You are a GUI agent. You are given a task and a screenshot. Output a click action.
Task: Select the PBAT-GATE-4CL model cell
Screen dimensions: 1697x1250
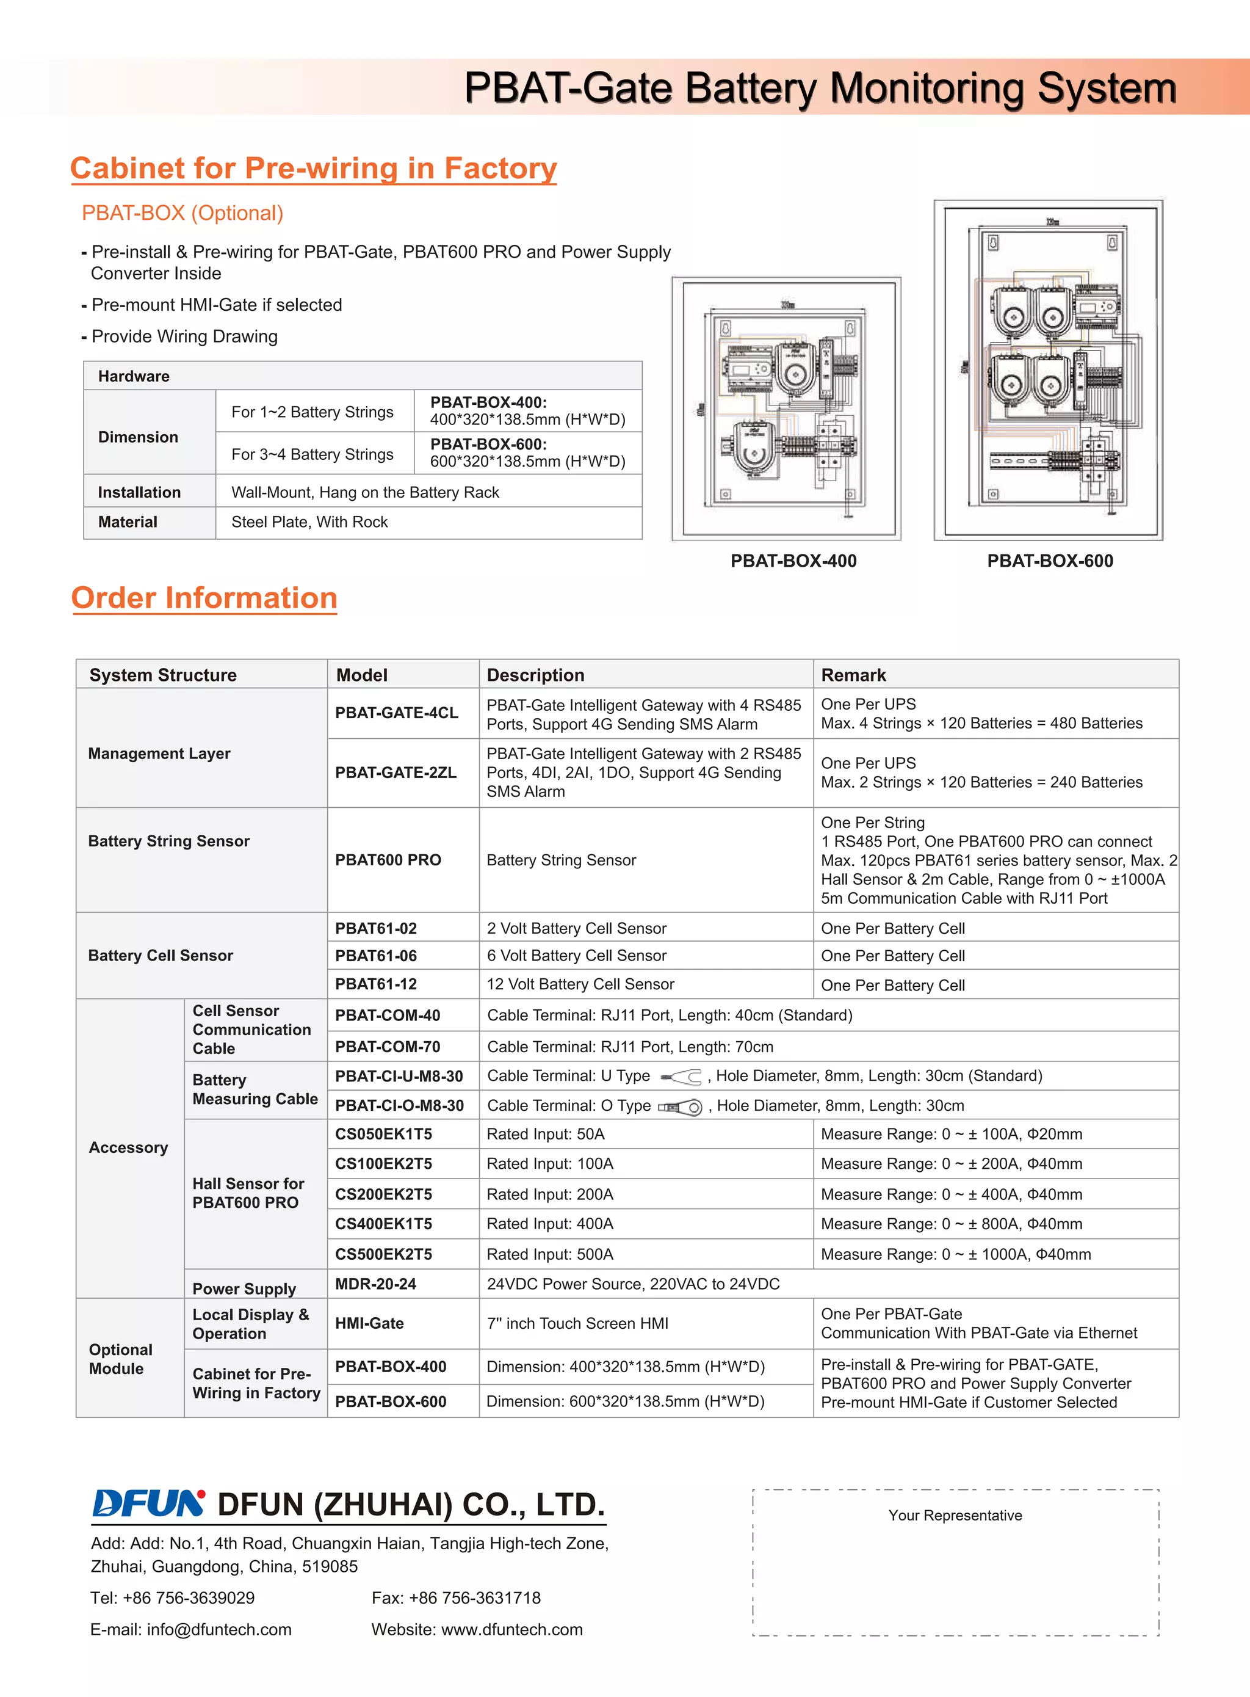pos(397,713)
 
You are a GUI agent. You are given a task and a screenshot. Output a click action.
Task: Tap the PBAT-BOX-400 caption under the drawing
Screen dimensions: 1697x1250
pos(793,561)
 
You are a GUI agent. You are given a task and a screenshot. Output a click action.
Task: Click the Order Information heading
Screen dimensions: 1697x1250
pos(204,598)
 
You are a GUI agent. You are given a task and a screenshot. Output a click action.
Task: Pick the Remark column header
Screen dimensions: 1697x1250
pos(853,675)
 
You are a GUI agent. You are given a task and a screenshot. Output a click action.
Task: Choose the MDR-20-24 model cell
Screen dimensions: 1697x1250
pos(375,1284)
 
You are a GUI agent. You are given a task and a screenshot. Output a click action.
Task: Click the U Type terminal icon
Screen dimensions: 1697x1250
pos(682,1077)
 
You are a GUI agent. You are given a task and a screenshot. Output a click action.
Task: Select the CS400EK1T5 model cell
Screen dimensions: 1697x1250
pos(384,1224)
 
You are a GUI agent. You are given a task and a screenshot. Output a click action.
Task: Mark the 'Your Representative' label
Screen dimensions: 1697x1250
pos(955,1514)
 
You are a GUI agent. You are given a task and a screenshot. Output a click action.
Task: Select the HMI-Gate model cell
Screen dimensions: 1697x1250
pos(369,1323)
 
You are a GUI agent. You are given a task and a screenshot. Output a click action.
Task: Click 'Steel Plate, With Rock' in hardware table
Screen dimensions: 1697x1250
pos(309,522)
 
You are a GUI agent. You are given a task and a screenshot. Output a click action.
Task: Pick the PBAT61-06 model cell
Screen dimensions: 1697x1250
pos(376,956)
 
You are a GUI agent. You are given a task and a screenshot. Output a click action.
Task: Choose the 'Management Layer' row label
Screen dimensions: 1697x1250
pos(159,754)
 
